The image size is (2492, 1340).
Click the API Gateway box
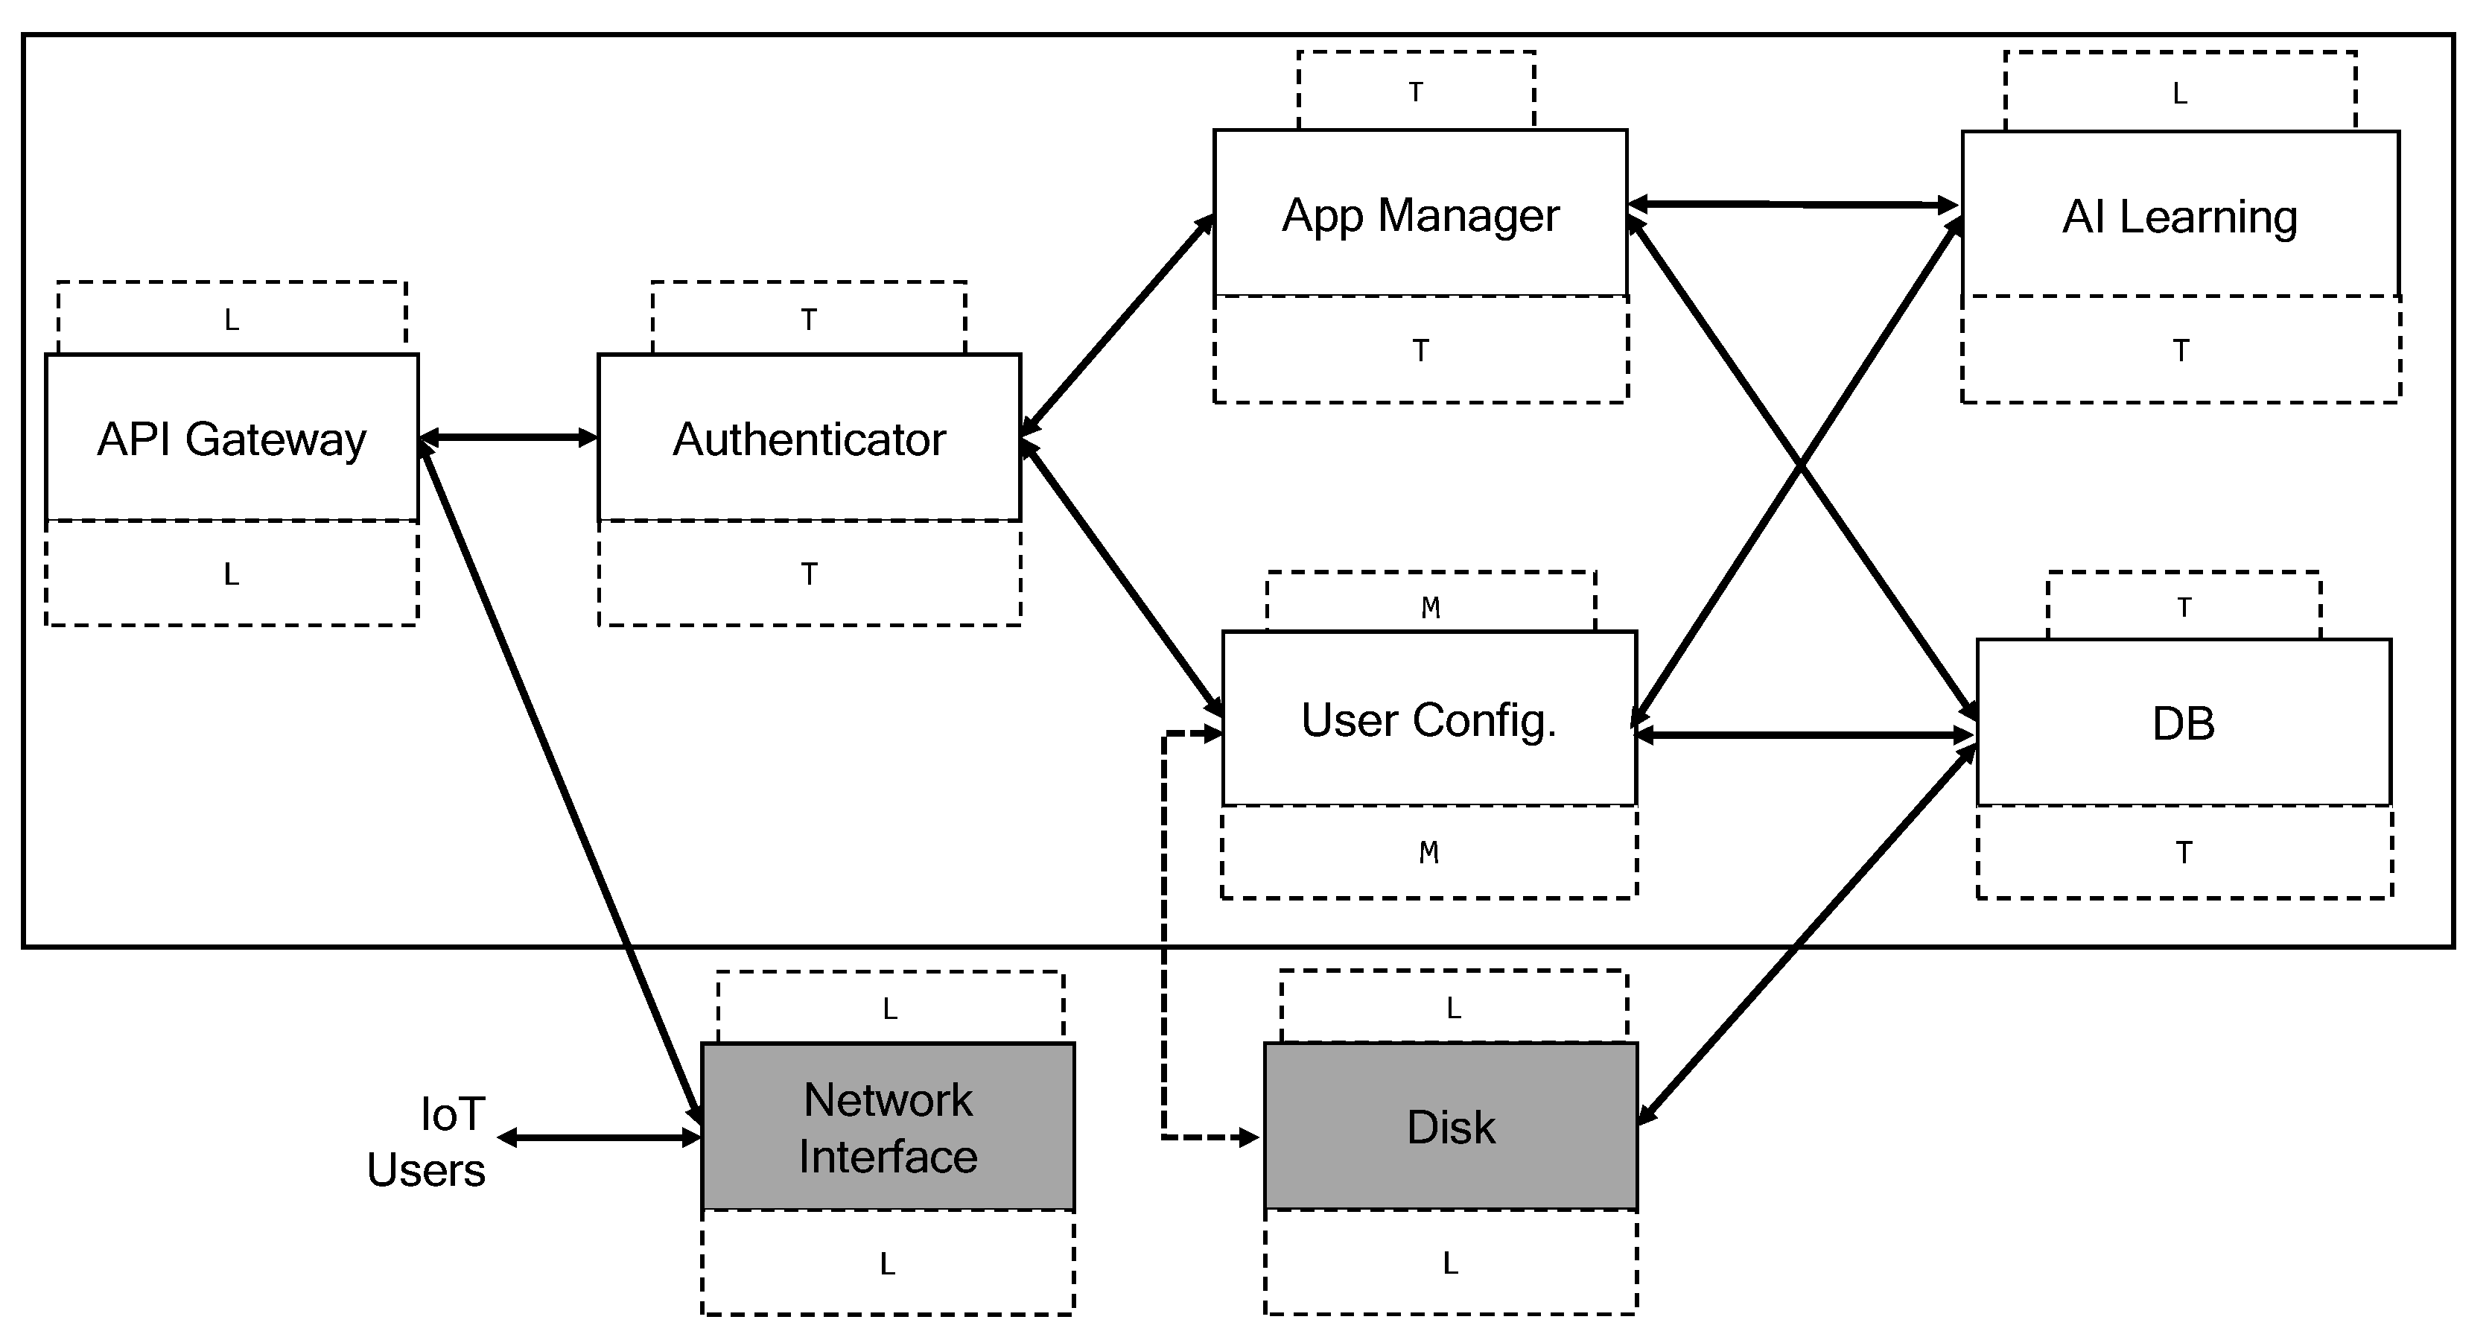(232, 438)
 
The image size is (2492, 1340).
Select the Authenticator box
(809, 438)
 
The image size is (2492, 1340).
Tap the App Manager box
(1420, 214)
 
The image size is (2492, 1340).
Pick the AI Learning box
(2179, 215)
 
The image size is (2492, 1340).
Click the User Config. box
(1428, 719)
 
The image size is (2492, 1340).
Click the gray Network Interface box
(887, 1127)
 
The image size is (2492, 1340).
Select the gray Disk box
(1450, 1127)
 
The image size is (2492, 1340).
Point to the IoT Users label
(427, 1142)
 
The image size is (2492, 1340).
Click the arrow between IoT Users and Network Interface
(599, 1138)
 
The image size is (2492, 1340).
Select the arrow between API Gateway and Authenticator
(508, 438)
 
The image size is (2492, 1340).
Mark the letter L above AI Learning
(2179, 94)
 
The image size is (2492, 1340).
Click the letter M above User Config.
(1431, 608)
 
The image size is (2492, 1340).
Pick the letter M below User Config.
(1428, 852)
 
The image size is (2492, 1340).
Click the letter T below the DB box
(2184, 852)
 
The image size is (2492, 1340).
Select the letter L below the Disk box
(1450, 1263)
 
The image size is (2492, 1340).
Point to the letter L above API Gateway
(231, 320)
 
